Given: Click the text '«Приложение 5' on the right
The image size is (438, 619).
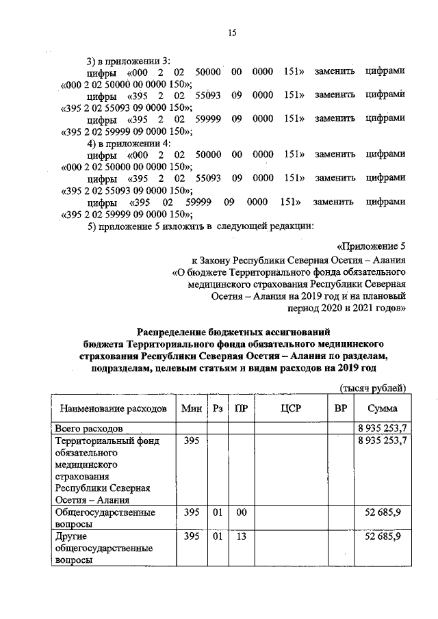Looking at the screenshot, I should (372, 246).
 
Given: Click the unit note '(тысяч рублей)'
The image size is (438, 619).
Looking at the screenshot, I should (374, 388).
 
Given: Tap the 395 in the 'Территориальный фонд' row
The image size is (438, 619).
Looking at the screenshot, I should (192, 441).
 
